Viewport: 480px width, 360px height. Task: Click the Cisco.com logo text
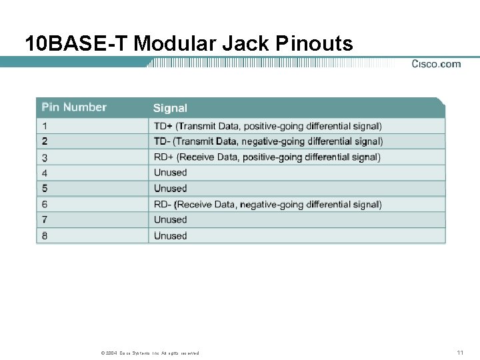pos(436,64)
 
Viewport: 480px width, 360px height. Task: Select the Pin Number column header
pos(74,107)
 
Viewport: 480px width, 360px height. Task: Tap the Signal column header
pos(170,108)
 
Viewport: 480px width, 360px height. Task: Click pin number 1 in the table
pos(45,125)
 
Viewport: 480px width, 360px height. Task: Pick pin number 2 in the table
pos(45,141)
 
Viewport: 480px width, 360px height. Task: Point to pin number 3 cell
pos(45,157)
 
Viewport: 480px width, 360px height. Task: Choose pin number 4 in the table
pos(45,173)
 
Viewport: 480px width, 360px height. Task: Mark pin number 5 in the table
pos(45,189)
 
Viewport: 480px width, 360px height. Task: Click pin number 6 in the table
pos(45,204)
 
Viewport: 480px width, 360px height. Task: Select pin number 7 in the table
pos(45,219)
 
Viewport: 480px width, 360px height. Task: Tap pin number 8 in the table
pos(45,235)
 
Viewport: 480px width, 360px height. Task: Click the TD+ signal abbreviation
pos(163,125)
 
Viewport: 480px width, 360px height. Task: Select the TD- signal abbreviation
pos(162,141)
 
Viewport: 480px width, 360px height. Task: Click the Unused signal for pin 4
pos(170,173)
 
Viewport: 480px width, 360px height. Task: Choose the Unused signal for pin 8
pos(170,235)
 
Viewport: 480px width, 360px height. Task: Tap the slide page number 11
pos(459,352)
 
